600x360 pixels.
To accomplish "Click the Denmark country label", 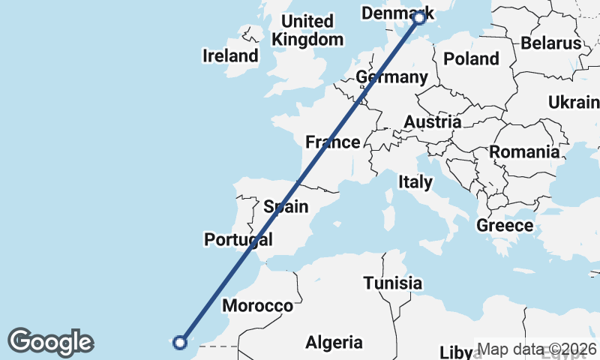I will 392,13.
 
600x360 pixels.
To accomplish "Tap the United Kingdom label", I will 308,30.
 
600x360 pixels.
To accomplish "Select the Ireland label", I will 230,55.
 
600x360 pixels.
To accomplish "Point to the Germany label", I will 391,77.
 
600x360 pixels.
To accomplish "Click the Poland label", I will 471,58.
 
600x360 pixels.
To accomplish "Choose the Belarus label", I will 551,43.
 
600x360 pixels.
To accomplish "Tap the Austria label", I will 433,121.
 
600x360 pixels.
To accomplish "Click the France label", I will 332,142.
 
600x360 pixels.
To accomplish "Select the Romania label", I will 525,152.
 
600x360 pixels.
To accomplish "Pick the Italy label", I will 415,181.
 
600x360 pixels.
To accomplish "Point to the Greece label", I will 505,225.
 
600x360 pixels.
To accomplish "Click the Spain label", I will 286,205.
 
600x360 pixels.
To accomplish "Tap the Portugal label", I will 238,239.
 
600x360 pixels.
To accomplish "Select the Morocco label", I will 257,306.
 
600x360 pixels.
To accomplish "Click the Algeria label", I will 334,343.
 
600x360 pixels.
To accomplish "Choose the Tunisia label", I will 392,283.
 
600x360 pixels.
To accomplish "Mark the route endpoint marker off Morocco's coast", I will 179,343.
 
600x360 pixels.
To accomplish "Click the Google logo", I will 50,342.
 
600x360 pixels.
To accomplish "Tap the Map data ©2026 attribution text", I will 536,349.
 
